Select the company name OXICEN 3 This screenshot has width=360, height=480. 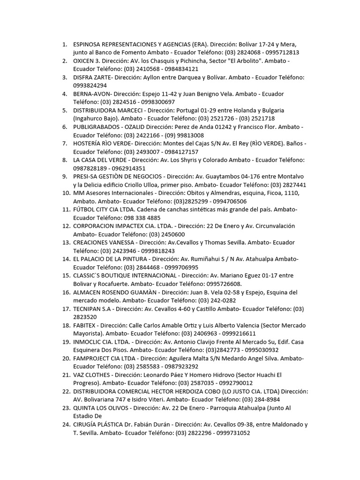point(87,61)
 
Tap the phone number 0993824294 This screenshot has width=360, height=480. point(90,85)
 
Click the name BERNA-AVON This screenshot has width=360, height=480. point(92,94)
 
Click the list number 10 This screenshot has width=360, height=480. point(65,193)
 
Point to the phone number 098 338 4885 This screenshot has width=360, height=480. point(141,218)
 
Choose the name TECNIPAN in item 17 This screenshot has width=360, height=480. point(89,308)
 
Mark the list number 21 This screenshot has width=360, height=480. point(65,375)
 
